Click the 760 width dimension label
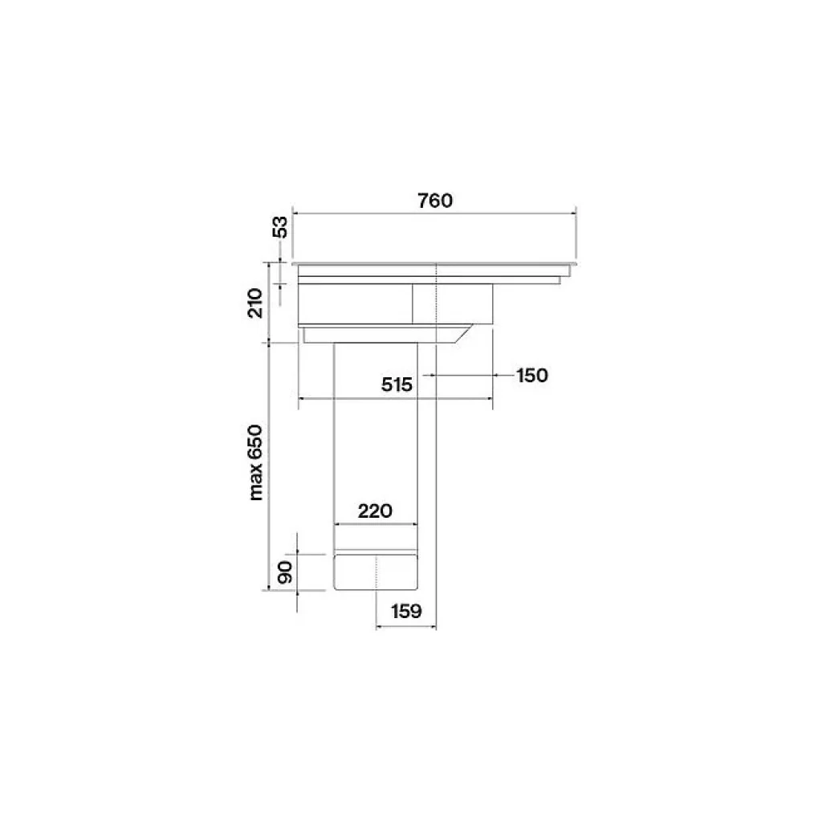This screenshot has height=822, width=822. click(x=435, y=200)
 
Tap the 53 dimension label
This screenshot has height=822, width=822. click(x=281, y=227)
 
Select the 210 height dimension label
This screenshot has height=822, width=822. click(x=254, y=303)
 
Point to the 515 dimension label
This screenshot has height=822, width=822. click(x=397, y=385)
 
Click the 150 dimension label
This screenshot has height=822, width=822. click(x=532, y=376)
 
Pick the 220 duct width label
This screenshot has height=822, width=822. click(x=375, y=511)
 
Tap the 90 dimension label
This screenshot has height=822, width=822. click(x=285, y=572)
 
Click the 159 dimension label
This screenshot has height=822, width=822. click(x=406, y=611)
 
